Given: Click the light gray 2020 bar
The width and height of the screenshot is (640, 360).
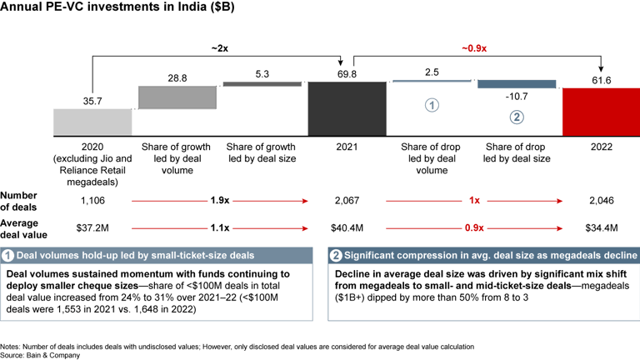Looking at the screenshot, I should click(x=92, y=122).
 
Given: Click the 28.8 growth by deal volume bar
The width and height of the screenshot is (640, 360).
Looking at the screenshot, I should click(x=177, y=97).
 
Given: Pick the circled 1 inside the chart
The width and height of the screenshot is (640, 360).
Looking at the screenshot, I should click(x=432, y=106).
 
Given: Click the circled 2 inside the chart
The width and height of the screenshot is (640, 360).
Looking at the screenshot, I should click(x=517, y=117).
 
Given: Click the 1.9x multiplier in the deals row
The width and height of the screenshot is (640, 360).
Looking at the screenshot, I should click(x=219, y=201).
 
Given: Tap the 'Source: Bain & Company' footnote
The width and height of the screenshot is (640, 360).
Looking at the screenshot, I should click(x=41, y=355).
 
